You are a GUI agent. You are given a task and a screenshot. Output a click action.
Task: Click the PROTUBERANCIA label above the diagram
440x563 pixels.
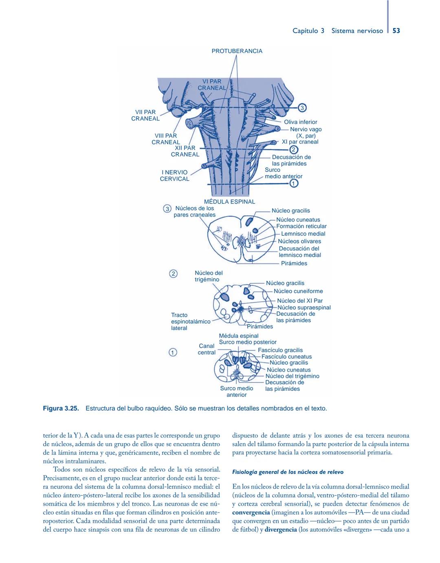pyautogui.click(x=237, y=51)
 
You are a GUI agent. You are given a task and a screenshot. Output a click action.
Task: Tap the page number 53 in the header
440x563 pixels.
pyautogui.click(x=396, y=31)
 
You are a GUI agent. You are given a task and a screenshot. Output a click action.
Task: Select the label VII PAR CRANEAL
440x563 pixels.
pyautogui.click(x=145, y=115)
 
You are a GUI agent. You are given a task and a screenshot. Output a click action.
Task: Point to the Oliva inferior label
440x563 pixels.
pyautogui.click(x=300, y=122)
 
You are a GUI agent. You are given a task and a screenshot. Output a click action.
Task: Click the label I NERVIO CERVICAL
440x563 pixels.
pyautogui.click(x=174, y=175)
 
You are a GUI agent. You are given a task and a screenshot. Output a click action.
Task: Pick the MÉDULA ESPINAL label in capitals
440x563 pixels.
pyautogui.click(x=229, y=202)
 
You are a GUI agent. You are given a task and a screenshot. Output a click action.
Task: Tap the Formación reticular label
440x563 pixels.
pyautogui.click(x=301, y=226)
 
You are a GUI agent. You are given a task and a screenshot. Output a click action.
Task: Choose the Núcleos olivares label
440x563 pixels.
pyautogui.click(x=299, y=241)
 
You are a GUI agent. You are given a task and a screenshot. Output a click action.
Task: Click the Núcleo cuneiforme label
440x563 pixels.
pyautogui.click(x=298, y=291)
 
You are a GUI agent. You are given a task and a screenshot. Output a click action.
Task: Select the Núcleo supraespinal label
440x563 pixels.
pyautogui.click(x=304, y=307)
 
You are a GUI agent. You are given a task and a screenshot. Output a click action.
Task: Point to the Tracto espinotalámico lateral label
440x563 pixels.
pyautogui.click(x=190, y=321)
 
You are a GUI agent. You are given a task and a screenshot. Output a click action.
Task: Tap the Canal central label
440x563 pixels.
pyautogui.click(x=207, y=349)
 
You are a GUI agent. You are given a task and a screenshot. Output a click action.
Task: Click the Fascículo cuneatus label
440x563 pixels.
pyautogui.click(x=286, y=356)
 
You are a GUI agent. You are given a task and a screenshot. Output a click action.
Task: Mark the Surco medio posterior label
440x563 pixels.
pyautogui.click(x=247, y=342)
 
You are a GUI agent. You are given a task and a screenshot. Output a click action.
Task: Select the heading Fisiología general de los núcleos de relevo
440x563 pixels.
pyautogui.click(x=288, y=472)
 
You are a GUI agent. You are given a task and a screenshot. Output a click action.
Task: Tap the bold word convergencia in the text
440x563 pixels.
pyautogui.click(x=251, y=513)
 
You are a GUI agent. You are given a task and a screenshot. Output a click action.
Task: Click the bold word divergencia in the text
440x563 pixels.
pyautogui.click(x=281, y=530)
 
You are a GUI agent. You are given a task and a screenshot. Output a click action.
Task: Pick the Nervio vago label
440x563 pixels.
pyautogui.click(x=306, y=129)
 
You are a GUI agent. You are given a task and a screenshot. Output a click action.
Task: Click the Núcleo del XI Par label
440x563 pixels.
pyautogui.click(x=299, y=300)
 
